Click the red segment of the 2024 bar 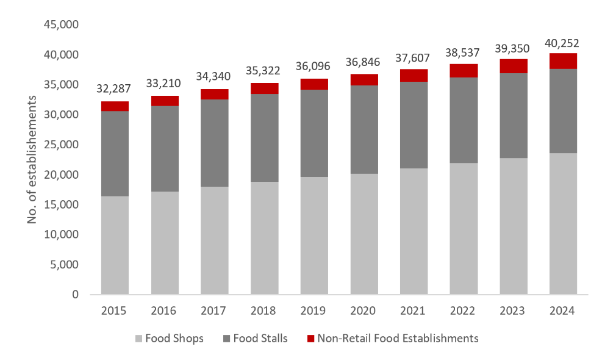coord(563,61)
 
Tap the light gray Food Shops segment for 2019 coord(314,236)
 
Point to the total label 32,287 coord(115,90)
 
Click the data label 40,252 coord(562,43)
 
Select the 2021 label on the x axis coord(414,311)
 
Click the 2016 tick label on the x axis coord(165,311)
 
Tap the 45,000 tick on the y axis coord(63,25)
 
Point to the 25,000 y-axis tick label coord(63,145)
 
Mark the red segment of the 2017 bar coord(215,94)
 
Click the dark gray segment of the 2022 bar coord(464,120)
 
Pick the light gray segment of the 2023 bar coord(514,226)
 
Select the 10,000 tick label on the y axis coord(63,234)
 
